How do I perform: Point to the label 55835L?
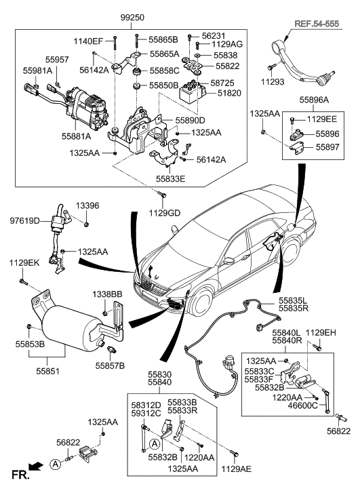click(x=294, y=299)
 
